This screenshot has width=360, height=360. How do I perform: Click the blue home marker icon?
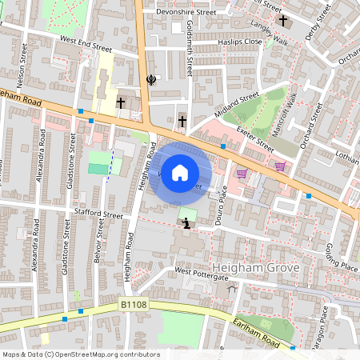(x=180, y=173)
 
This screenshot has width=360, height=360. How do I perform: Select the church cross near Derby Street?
(x=282, y=20)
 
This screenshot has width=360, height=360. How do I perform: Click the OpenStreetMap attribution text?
(x=81, y=354)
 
